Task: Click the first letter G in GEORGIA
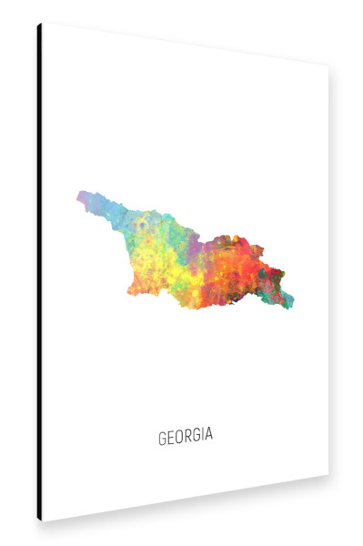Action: click(162, 436)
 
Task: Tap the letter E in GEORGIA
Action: click(170, 436)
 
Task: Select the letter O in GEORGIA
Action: click(178, 436)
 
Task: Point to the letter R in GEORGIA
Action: click(187, 436)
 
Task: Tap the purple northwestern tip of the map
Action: click(84, 197)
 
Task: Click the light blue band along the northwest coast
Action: click(114, 214)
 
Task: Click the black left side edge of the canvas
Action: click(39, 273)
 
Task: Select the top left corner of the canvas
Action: click(41, 25)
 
